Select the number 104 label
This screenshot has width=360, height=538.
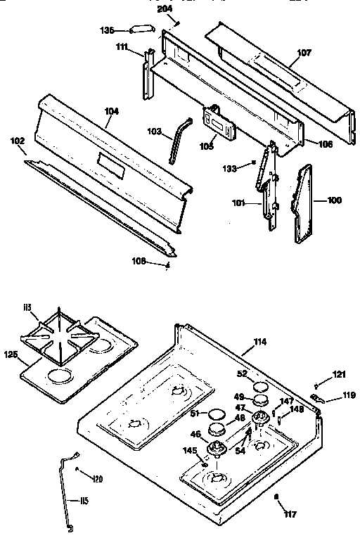[111, 111]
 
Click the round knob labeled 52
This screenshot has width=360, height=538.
[262, 385]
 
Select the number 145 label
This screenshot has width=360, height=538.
[191, 450]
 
